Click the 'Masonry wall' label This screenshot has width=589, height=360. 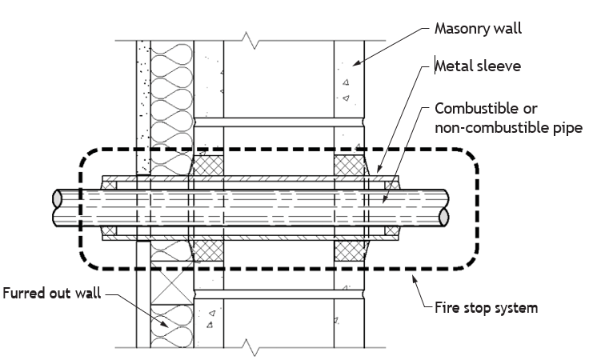click(x=478, y=29)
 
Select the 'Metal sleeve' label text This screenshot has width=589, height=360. click(x=478, y=66)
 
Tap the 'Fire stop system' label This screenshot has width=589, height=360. click(x=486, y=308)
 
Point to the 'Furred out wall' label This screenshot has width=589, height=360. click(x=52, y=293)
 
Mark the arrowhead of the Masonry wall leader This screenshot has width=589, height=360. click(x=356, y=62)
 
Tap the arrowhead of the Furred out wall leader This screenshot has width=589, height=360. click(x=165, y=323)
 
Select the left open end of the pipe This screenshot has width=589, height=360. click(x=57, y=198)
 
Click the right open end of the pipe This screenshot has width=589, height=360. click(x=443, y=217)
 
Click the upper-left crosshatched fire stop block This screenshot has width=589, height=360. click(x=208, y=166)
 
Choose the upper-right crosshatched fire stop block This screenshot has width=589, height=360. click(x=350, y=166)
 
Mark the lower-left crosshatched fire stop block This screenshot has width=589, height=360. click(x=208, y=250)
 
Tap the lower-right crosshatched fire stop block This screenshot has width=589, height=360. click(x=350, y=250)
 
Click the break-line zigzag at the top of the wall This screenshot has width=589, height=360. click(x=250, y=40)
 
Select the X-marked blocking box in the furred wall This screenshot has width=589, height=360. click(x=172, y=283)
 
